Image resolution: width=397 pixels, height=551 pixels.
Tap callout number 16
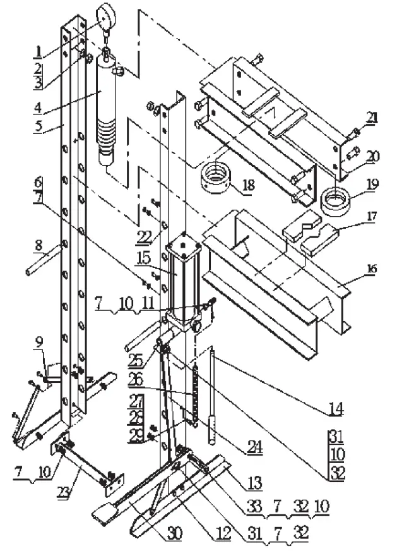pos(372,269)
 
